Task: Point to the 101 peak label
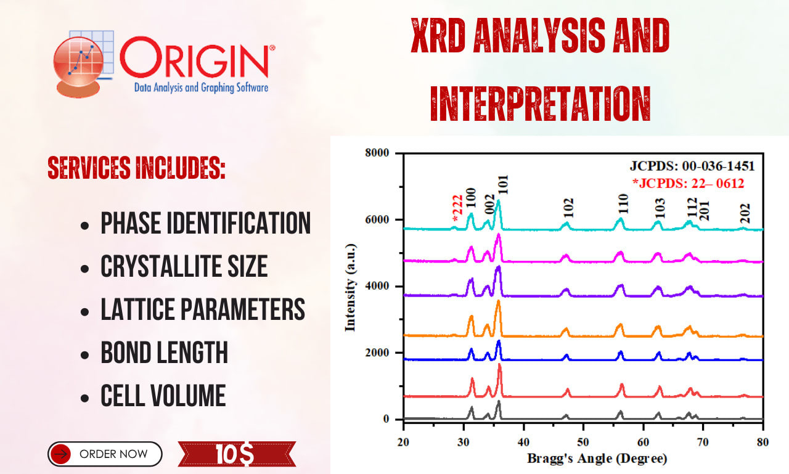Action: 504,185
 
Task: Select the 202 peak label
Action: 745,213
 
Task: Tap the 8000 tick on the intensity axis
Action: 377,153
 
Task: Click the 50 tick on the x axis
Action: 583,442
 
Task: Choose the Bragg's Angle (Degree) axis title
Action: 597,459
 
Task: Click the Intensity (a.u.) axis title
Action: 351,287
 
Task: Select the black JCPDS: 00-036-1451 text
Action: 692,166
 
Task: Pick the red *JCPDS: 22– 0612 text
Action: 689,183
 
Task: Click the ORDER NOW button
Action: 105,454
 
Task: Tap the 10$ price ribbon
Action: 237,454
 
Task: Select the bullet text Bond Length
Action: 165,352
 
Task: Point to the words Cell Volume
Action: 163,396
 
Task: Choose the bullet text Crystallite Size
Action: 184,266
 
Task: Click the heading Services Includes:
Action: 136,168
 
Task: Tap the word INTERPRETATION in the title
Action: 541,104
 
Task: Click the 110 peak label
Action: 623,204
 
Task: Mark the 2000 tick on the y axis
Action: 377,353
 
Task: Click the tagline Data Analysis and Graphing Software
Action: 201,88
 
